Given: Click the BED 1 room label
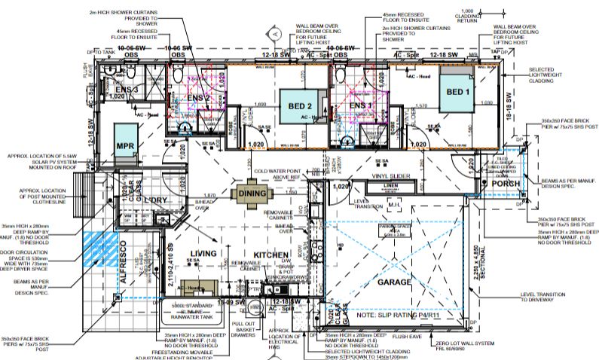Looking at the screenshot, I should pyautogui.click(x=457, y=92).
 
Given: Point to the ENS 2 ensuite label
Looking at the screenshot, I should pyautogui.click(x=198, y=98).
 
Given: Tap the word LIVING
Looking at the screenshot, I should pyautogui.click(x=203, y=253).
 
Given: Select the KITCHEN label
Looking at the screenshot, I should pyautogui.click(x=271, y=255).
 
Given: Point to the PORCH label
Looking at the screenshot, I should pyautogui.click(x=502, y=183).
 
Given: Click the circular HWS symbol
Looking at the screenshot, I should pyautogui.click(x=255, y=307).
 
